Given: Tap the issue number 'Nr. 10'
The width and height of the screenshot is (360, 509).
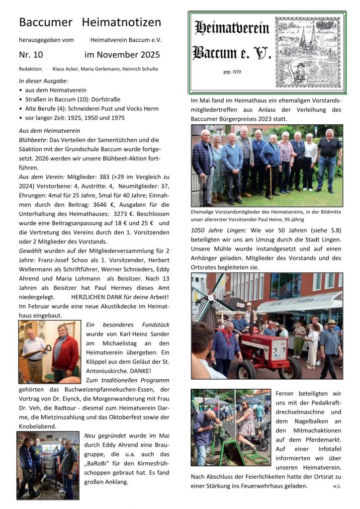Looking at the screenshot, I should pyautogui.click(x=31, y=55).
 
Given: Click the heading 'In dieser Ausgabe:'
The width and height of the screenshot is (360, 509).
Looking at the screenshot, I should pyautogui.click(x=44, y=81).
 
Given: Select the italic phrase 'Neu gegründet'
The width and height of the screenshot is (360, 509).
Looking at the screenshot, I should pyautogui.click(x=104, y=436).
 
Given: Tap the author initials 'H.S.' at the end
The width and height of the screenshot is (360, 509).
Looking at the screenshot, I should pyautogui.click(x=337, y=486).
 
